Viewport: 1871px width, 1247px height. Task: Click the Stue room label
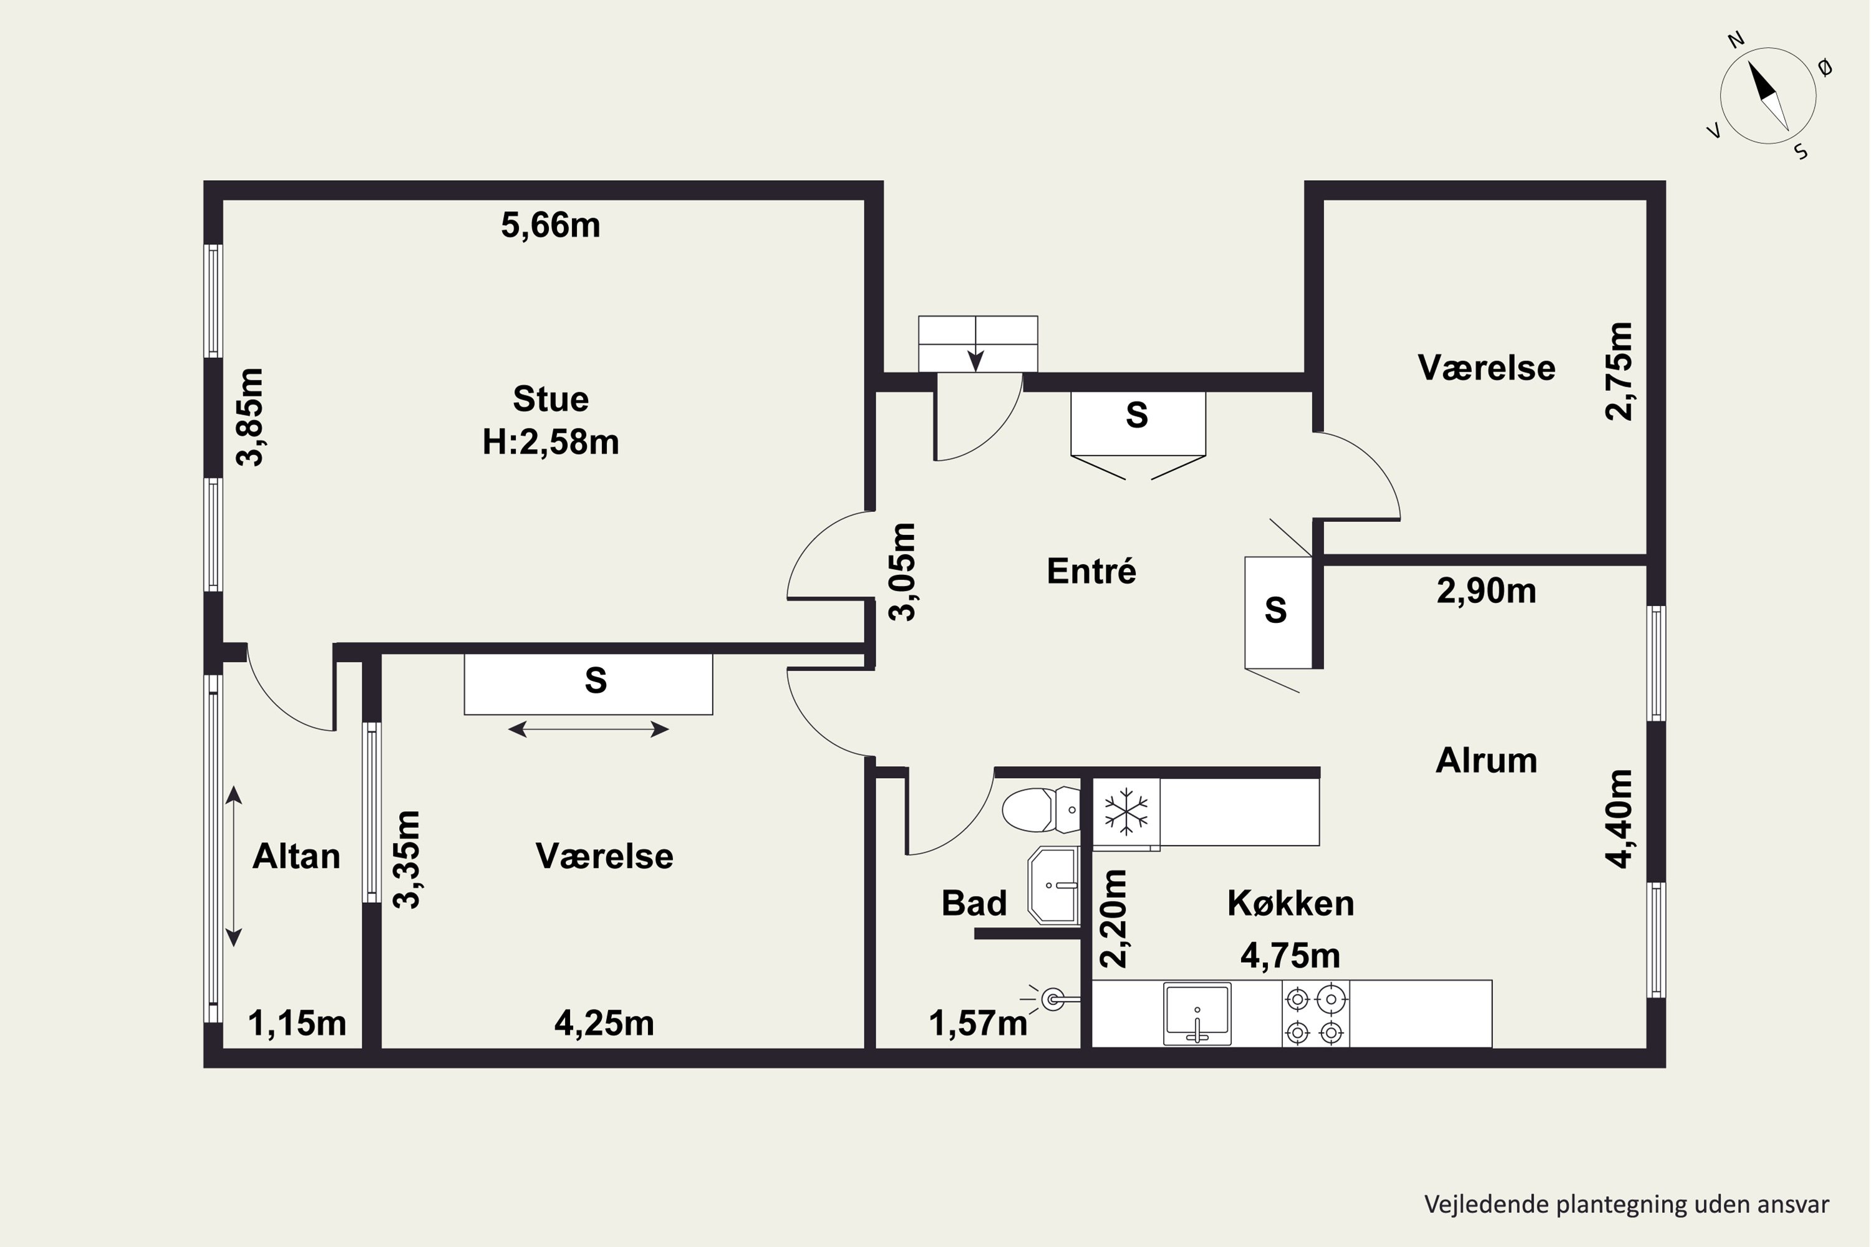(x=551, y=398)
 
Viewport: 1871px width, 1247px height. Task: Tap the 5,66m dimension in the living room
(x=551, y=225)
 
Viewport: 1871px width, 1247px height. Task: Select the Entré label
(x=1091, y=571)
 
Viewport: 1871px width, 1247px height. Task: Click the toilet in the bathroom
(x=1040, y=809)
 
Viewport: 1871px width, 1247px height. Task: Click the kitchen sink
(x=1197, y=1013)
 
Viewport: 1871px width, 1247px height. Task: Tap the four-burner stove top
(x=1315, y=1013)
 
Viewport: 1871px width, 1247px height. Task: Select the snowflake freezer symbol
(x=1126, y=811)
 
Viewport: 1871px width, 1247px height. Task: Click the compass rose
(x=1767, y=96)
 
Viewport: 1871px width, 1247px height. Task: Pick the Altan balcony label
(x=296, y=857)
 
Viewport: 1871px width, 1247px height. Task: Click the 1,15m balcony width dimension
(x=297, y=1024)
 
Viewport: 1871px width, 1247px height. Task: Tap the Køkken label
(x=1290, y=903)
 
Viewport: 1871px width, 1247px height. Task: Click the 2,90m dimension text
(x=1486, y=591)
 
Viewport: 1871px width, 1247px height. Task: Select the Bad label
(x=974, y=903)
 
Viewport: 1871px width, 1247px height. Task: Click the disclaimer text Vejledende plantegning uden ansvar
(x=1627, y=1204)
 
